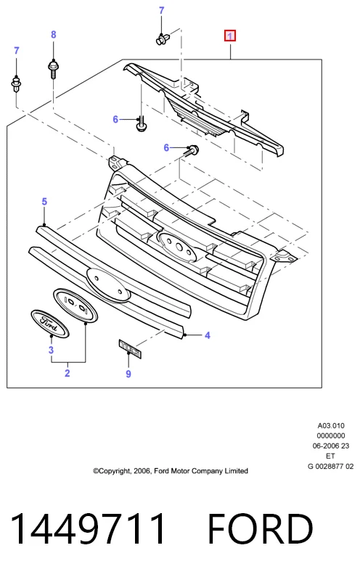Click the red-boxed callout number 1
coord(230,36)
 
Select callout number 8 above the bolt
coord(54,35)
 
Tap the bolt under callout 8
coord(54,69)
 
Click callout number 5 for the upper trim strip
coord(44,202)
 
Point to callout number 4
coord(208,335)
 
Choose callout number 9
coord(128,374)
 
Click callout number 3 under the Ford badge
coord(51,350)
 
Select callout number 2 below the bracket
coord(67,373)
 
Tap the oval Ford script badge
coord(49,324)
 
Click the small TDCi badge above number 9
coord(130,348)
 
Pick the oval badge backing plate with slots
coord(75,306)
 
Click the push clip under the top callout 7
coord(163,39)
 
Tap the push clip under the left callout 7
coord(16,84)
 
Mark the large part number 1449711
coord(88,529)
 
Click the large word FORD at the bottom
coord(261,529)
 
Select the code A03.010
coord(331,426)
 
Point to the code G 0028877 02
coord(330,466)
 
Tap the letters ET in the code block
coord(330,456)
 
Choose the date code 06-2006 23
coord(331,446)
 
